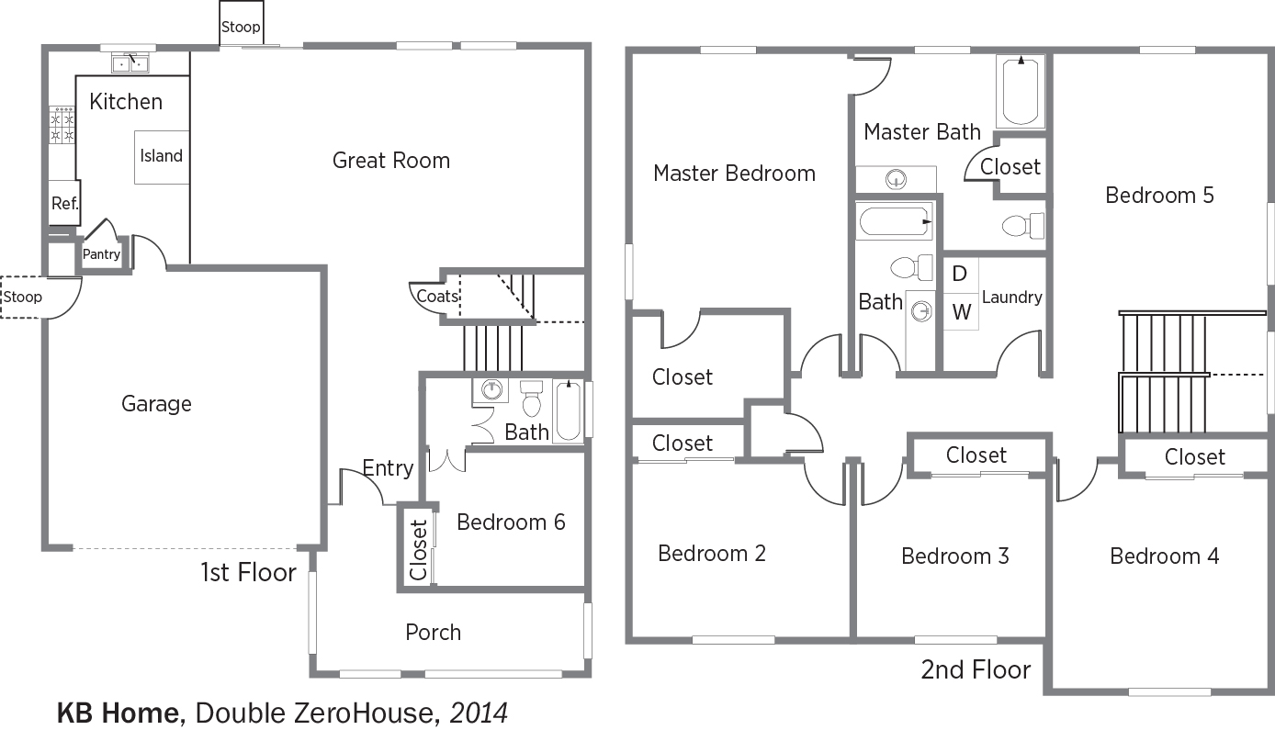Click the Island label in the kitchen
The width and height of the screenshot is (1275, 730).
click(x=161, y=156)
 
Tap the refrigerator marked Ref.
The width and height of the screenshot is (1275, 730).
click(x=64, y=203)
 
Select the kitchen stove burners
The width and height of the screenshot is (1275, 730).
click(x=62, y=125)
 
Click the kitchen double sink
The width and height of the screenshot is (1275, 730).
click(x=130, y=63)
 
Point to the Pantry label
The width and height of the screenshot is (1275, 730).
click(x=101, y=254)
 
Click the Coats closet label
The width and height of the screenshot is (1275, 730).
click(x=437, y=297)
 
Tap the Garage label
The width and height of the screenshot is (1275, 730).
click(x=156, y=404)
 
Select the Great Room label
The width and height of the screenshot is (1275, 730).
click(x=391, y=161)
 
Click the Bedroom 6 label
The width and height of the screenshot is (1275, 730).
click(x=511, y=522)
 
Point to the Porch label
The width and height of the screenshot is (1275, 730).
click(x=434, y=633)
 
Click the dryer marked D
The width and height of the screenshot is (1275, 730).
click(x=961, y=275)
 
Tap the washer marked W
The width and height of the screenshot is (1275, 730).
click(x=961, y=311)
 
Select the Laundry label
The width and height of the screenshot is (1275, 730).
click(x=1012, y=298)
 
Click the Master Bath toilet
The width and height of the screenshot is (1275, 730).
click(x=1022, y=225)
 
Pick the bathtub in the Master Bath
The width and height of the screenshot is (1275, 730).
click(x=1021, y=91)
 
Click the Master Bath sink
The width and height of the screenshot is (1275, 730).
click(x=896, y=180)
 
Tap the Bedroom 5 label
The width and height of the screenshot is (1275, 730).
click(x=1159, y=196)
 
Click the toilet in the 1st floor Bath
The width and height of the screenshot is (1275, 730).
click(x=532, y=399)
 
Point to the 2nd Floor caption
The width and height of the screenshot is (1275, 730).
click(x=976, y=669)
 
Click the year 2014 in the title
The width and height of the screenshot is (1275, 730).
click(x=478, y=713)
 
